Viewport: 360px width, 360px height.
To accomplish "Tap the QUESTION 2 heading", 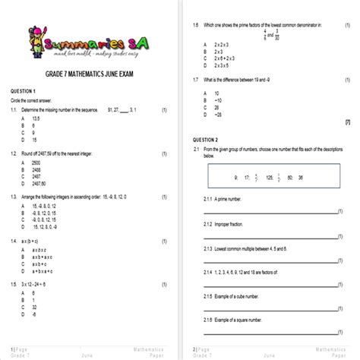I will point(205,140).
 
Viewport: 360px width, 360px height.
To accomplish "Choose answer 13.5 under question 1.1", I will point(35,118).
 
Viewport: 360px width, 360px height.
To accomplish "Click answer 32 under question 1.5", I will point(34,306).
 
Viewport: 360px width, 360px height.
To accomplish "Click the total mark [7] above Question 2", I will point(347,122).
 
